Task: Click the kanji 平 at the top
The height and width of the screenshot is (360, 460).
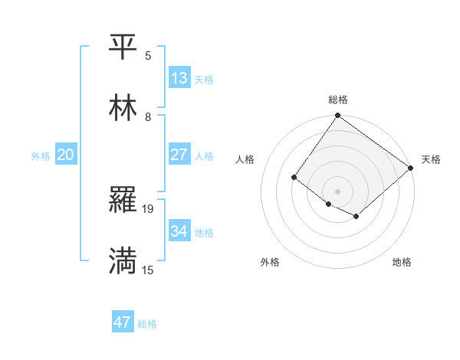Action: [x=123, y=47]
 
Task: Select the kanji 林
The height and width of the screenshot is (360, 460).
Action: [x=123, y=109]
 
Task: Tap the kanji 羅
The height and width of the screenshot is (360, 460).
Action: [x=123, y=201]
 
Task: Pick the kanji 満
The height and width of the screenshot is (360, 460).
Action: [x=123, y=262]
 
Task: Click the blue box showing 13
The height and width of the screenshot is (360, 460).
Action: [x=179, y=78]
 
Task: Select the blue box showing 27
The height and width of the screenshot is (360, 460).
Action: [x=179, y=155]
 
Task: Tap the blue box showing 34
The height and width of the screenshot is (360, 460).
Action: [x=179, y=231]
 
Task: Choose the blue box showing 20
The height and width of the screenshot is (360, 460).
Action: [x=65, y=155]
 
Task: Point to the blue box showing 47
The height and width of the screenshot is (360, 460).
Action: [x=123, y=322]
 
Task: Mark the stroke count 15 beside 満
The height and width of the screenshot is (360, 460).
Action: [x=149, y=270]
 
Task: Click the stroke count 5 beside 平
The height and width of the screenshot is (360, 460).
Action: [x=148, y=55]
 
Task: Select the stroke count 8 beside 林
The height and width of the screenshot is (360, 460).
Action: [x=148, y=116]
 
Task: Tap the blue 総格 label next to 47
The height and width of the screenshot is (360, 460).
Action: [x=148, y=324]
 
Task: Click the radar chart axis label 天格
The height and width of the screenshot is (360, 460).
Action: [x=431, y=159]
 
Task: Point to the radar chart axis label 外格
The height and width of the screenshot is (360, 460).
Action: [x=270, y=263]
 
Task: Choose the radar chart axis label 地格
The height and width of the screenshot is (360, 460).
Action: [x=402, y=263]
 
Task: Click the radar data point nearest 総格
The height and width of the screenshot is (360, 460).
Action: [x=337, y=116]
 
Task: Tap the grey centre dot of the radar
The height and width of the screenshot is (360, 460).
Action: [x=337, y=191]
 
